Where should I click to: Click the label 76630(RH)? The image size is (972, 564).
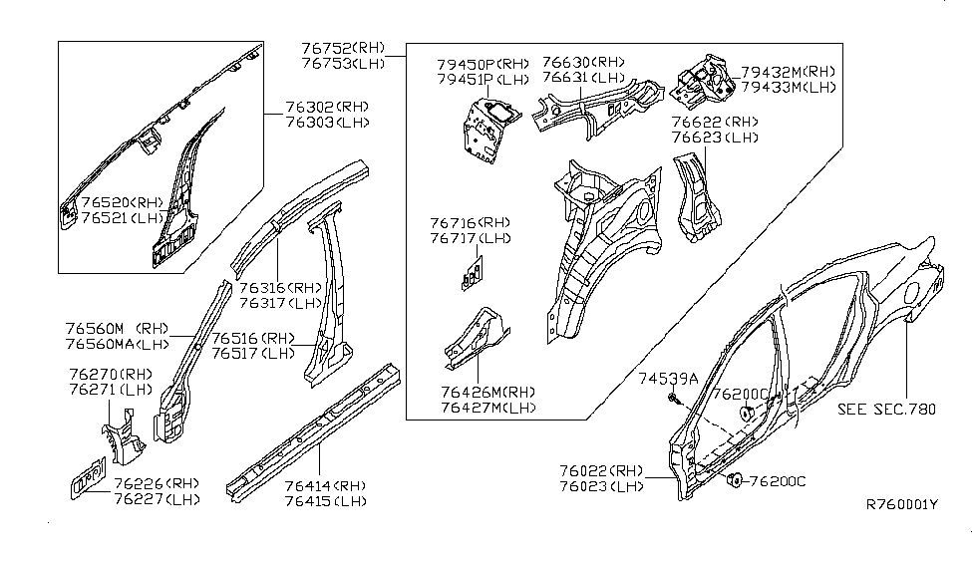(583, 62)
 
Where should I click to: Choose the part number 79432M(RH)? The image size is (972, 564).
(788, 72)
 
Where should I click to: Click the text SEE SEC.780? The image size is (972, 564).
(886, 410)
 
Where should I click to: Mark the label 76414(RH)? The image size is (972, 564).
(325, 485)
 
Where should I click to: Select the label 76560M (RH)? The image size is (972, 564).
(117, 329)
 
